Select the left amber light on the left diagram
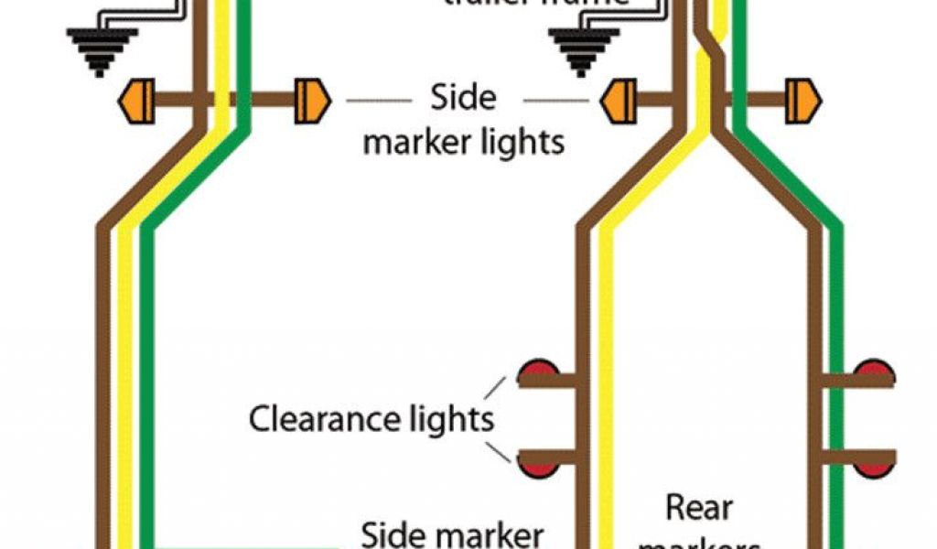click(137, 101)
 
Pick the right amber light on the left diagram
click(311, 101)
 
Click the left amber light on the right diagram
click(619, 101)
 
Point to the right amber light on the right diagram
click(803, 101)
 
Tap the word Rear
click(699, 506)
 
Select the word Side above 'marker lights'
click(464, 99)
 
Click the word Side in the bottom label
click(397, 533)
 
